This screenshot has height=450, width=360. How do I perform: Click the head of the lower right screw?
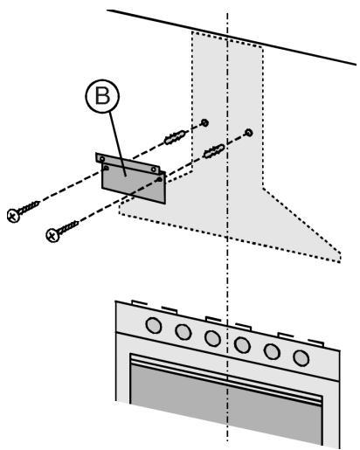[52, 234]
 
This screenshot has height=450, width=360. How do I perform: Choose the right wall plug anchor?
[216, 152]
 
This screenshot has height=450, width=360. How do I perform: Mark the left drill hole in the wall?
[203, 121]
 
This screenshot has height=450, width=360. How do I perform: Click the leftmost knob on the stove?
[154, 325]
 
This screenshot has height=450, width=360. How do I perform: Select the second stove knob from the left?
[183, 332]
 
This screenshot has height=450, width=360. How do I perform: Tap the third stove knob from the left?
[211, 338]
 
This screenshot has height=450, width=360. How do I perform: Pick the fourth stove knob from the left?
[241, 344]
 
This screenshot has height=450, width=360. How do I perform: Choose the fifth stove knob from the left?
[271, 350]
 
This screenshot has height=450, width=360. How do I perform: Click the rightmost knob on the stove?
[301, 357]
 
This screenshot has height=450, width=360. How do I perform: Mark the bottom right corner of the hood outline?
[338, 259]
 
